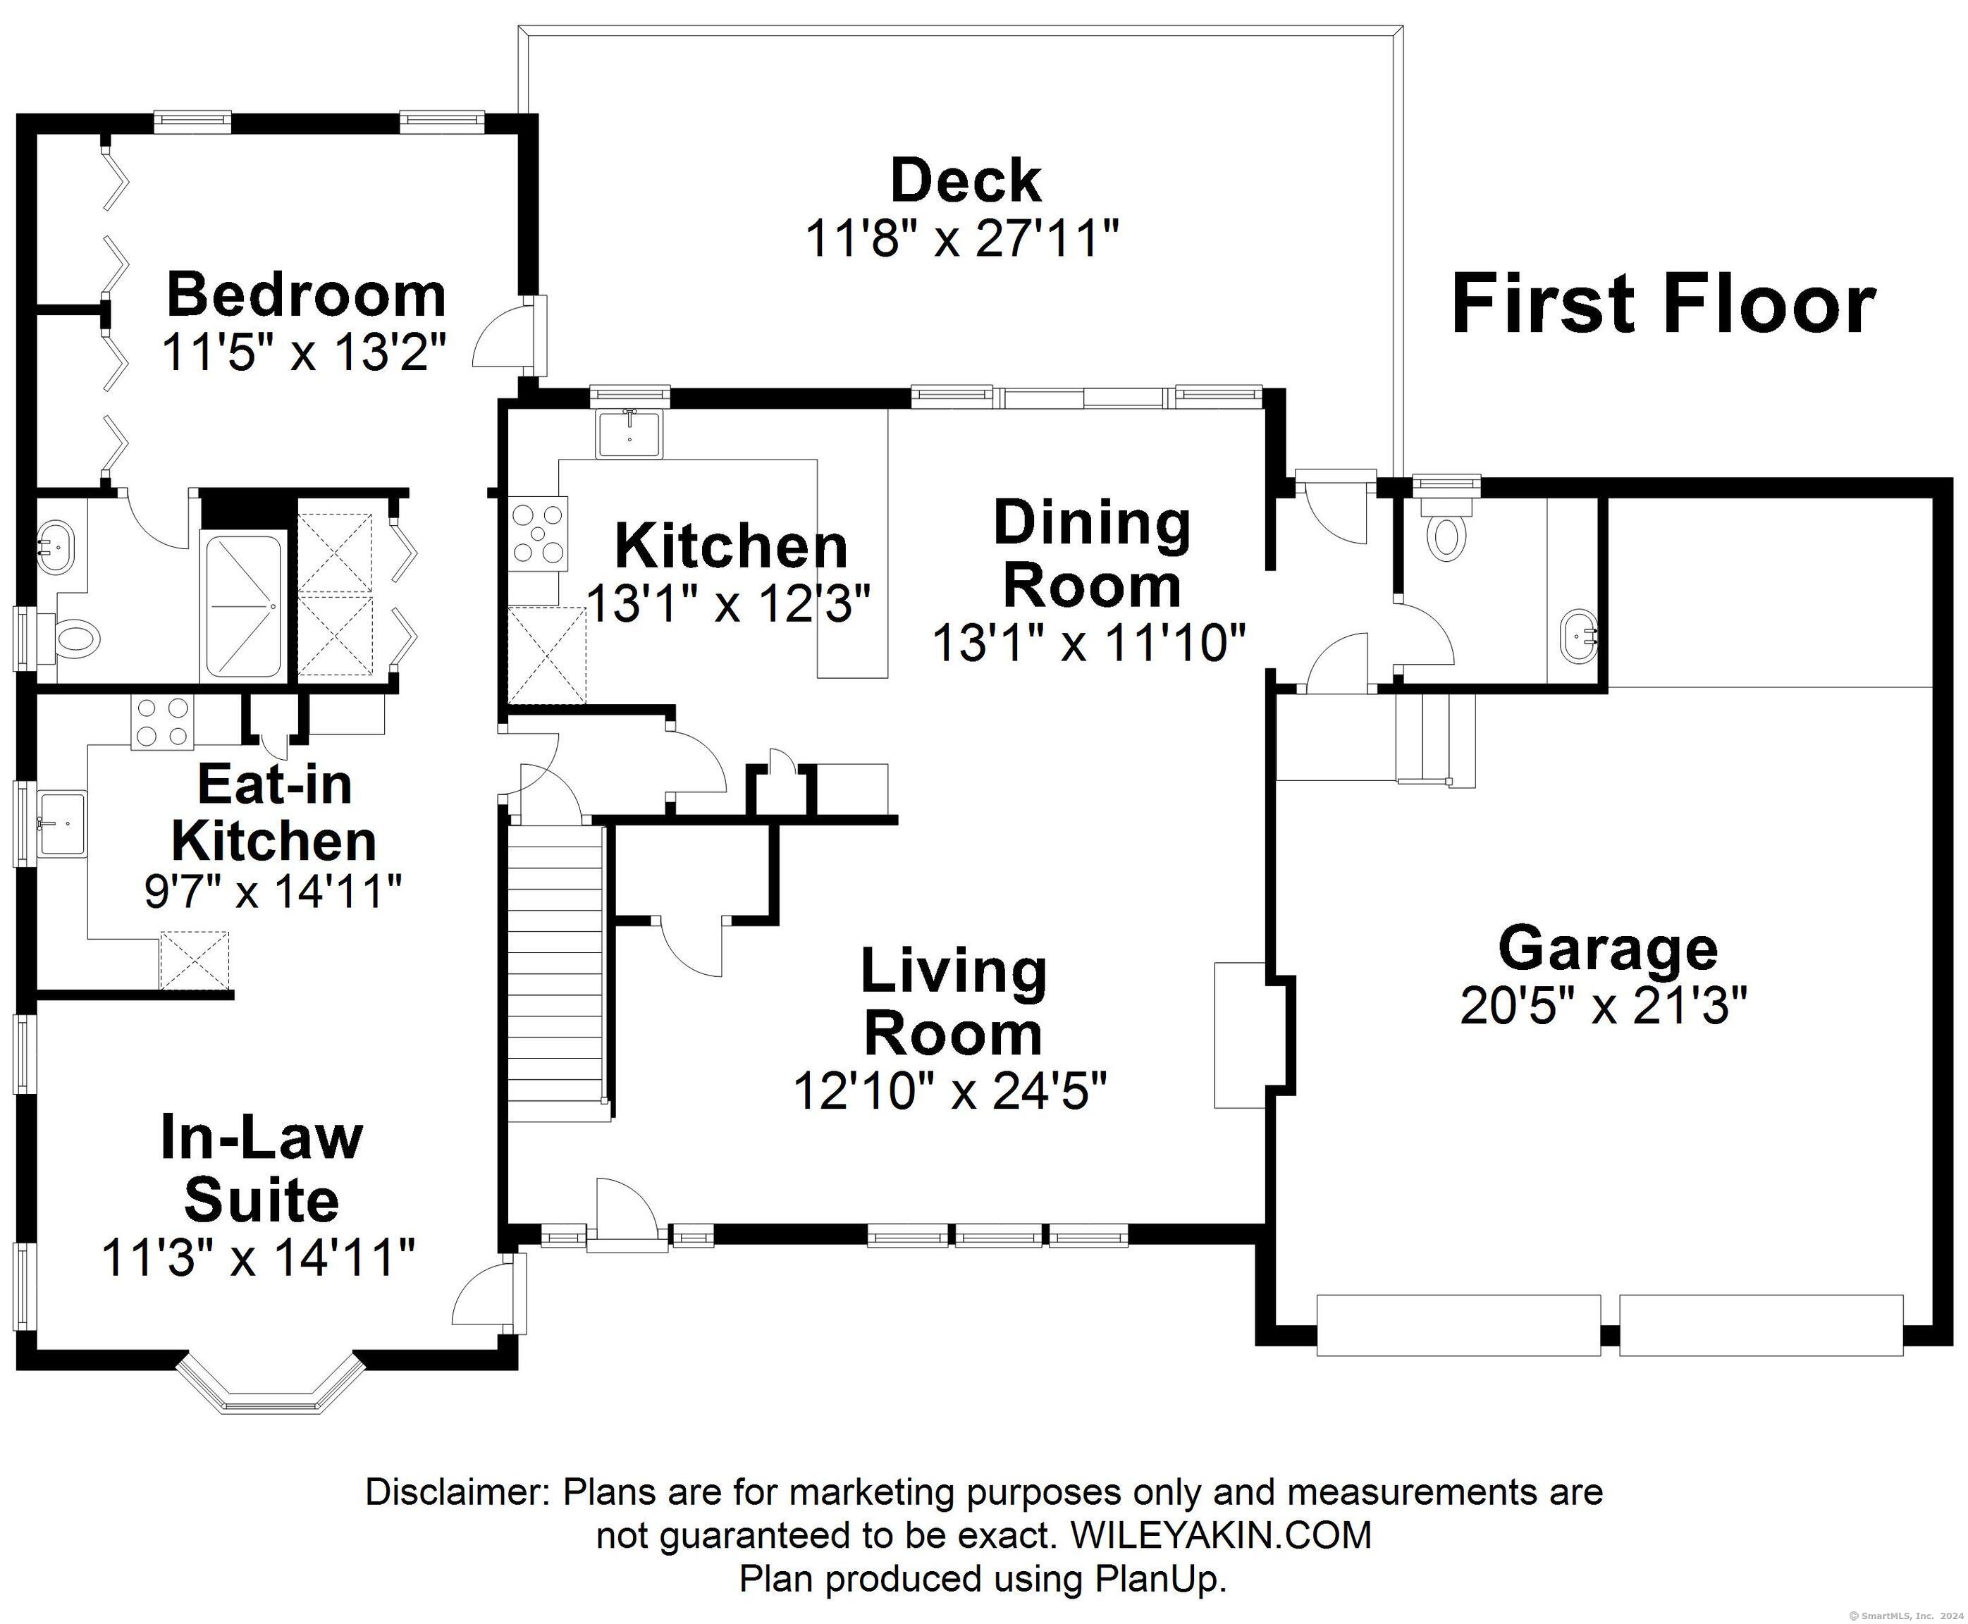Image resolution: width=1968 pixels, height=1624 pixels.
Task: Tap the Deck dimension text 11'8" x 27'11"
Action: [x=962, y=238]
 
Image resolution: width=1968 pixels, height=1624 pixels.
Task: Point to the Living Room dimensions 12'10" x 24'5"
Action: [x=950, y=1090]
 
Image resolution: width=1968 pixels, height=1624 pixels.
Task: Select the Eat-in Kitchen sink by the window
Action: [x=63, y=824]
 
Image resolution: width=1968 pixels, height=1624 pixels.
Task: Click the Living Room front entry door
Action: [x=627, y=1215]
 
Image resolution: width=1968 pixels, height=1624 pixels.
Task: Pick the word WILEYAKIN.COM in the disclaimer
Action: [x=1221, y=1535]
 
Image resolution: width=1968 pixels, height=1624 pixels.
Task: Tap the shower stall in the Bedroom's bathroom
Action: [x=242, y=606]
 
